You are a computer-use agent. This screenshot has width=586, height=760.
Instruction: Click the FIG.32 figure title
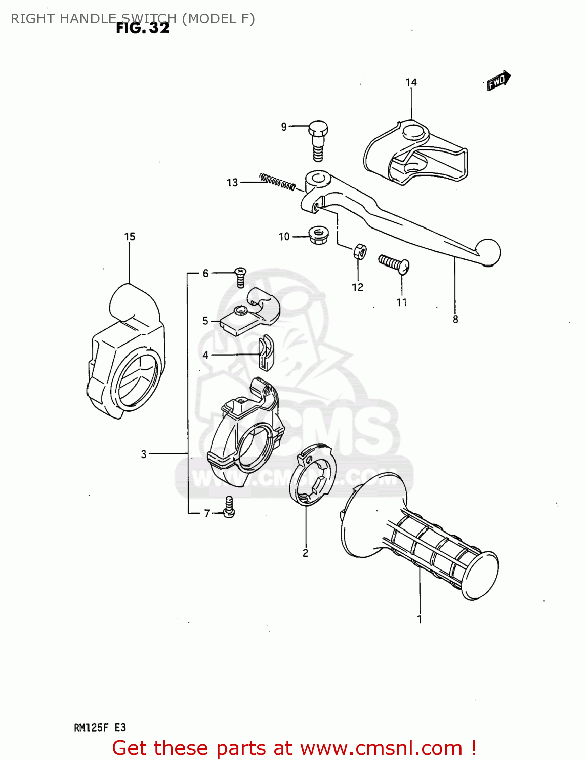[142, 28]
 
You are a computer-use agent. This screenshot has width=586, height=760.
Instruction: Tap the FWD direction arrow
[498, 80]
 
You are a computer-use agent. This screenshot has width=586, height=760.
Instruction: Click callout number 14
[411, 82]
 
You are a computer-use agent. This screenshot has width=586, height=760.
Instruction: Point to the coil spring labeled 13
[277, 181]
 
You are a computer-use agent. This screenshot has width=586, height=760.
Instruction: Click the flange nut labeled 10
[318, 235]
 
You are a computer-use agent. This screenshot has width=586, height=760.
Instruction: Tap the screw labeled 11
[394, 263]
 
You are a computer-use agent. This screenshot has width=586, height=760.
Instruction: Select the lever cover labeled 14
[415, 152]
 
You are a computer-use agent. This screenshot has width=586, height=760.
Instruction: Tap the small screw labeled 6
[240, 276]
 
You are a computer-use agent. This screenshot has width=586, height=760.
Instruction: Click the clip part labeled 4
[265, 353]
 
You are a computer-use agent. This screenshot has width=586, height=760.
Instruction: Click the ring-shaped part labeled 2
[312, 474]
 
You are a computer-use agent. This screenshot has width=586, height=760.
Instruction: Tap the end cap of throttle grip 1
[480, 575]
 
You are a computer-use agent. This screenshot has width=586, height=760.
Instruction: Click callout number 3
[144, 454]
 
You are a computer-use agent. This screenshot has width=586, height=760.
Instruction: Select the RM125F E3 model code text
[100, 728]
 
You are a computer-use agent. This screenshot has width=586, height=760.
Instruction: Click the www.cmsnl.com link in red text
[381, 748]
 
